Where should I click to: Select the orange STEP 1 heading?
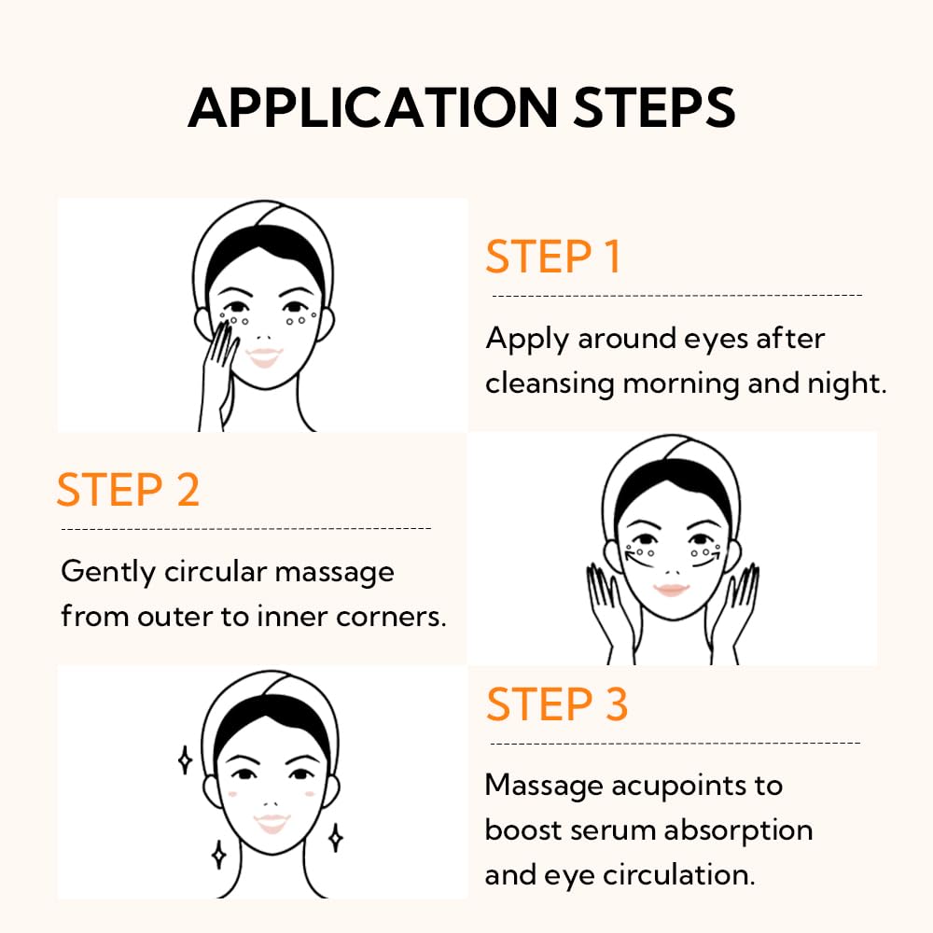(552, 258)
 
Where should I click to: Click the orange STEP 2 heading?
(128, 490)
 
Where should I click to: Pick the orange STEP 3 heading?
(557, 704)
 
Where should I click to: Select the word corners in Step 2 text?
(393, 618)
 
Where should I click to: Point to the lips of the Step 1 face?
(265, 356)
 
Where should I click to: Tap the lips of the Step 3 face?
(272, 822)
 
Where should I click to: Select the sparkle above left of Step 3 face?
(185, 760)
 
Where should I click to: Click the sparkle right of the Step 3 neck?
(335, 837)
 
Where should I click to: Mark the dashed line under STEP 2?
(245, 529)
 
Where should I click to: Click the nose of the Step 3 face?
(272, 801)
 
